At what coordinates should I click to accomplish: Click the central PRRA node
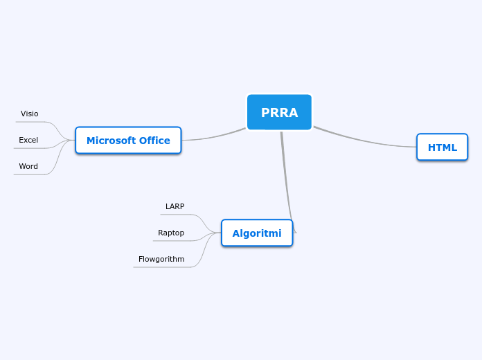[x=279, y=112]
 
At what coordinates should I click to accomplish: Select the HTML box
[x=442, y=147]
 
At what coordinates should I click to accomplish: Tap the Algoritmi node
[x=257, y=233]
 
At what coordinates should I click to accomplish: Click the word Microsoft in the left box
[x=110, y=141]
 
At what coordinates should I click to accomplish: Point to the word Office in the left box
[x=154, y=141]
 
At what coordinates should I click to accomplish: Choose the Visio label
[x=30, y=114]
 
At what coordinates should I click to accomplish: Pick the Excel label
[x=28, y=140]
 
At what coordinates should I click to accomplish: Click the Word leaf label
[x=28, y=166]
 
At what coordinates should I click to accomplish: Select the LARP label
[x=175, y=206]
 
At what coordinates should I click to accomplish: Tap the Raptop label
[x=171, y=233]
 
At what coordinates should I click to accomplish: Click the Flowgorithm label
[x=161, y=259]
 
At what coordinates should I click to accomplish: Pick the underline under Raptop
[x=170, y=241]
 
